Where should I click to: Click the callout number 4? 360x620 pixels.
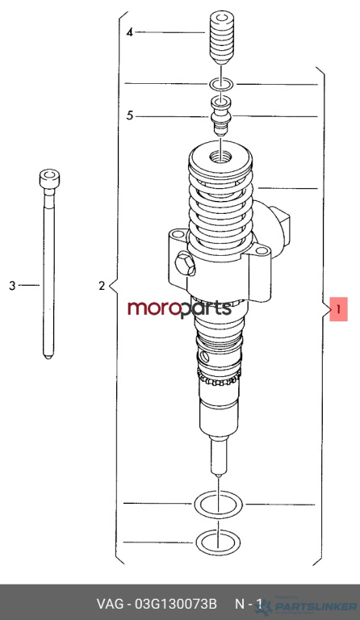click(130, 32)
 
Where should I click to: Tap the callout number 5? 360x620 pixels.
click(130, 116)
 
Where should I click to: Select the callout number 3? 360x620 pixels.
click(12, 285)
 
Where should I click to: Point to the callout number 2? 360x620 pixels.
click(102, 285)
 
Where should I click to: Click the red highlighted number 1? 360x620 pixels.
click(339, 309)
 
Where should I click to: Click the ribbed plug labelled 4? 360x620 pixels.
click(221, 39)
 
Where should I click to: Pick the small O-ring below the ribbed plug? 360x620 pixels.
click(222, 84)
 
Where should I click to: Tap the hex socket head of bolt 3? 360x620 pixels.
click(49, 179)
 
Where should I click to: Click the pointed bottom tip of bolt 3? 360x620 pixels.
click(48, 358)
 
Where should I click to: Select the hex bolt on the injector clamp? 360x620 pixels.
click(185, 265)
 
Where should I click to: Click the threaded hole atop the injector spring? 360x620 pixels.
click(220, 156)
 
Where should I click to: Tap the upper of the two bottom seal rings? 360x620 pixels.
click(218, 505)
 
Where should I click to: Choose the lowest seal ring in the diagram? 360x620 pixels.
click(218, 542)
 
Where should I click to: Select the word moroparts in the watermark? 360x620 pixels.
click(179, 308)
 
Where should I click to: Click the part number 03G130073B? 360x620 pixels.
click(176, 605)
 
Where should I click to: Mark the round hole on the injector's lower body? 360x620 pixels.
click(204, 357)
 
